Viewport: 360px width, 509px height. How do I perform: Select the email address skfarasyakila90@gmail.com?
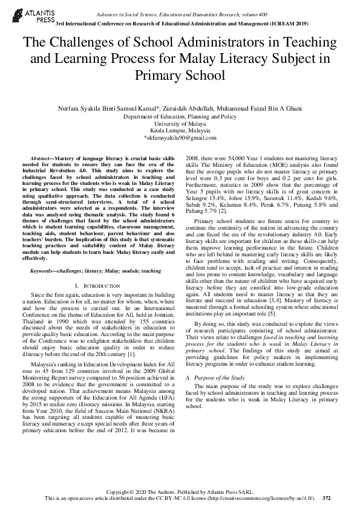181,138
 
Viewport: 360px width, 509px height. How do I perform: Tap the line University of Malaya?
180,123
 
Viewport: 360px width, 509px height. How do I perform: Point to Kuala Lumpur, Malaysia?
180,131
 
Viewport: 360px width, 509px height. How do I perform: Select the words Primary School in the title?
180,76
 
